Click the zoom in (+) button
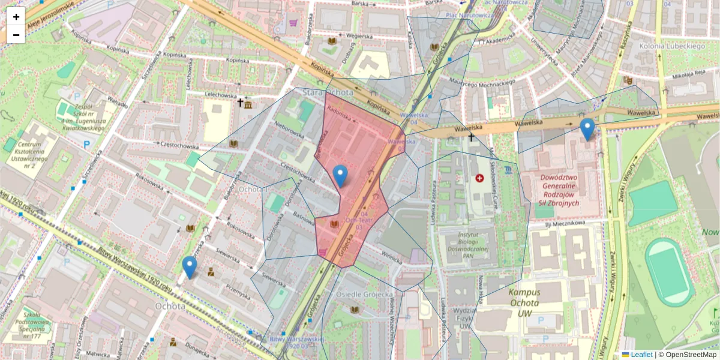pyautogui.click(x=16, y=17)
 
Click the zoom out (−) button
pyautogui.click(x=16, y=35)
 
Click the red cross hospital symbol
pyautogui.click(x=479, y=178)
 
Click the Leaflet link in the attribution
pyautogui.click(x=641, y=355)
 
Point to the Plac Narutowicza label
pyautogui.click(x=469, y=14)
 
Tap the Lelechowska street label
pyautogui.click(x=220, y=95)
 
